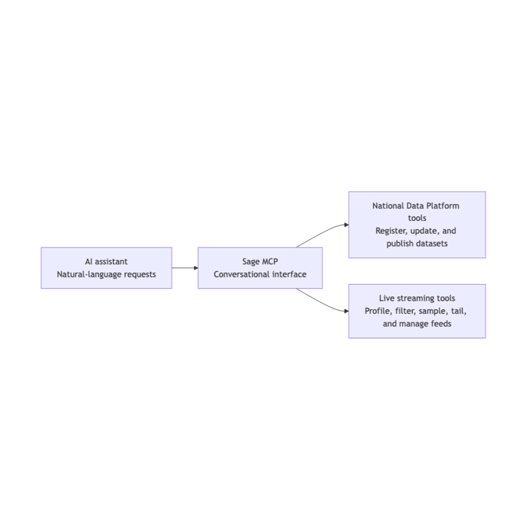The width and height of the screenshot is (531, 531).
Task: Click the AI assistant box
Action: point(106,268)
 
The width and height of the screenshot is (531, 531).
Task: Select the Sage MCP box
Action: point(260,268)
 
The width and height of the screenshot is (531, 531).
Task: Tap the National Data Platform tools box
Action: point(417,225)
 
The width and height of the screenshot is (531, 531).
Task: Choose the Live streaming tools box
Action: point(417,311)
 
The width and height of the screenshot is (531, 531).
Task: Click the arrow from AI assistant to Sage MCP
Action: point(185,268)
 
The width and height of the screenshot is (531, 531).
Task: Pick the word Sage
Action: point(251,262)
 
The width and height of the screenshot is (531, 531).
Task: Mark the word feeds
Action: point(441,324)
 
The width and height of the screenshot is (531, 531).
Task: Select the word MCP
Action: point(270,262)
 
